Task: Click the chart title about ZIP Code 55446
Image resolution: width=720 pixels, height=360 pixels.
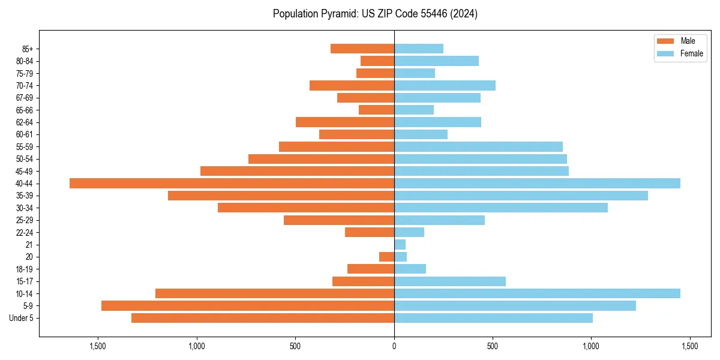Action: tap(375, 14)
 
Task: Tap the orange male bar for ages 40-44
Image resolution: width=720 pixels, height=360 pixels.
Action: tap(232, 183)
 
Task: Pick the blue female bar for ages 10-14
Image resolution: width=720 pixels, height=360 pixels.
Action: tap(537, 293)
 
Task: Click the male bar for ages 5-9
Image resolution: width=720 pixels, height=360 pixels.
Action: tap(248, 305)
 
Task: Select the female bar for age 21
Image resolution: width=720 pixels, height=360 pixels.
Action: tap(400, 244)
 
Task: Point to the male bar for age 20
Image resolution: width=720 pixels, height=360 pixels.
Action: tap(386, 257)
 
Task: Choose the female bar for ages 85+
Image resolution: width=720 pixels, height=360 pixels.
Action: tap(419, 49)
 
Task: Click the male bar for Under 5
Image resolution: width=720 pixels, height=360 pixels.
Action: tap(263, 318)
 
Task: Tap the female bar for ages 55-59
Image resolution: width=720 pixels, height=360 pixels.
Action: tap(478, 146)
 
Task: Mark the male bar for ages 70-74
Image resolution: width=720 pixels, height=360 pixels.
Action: tap(352, 85)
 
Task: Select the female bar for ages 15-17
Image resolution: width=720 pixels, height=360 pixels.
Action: tap(450, 281)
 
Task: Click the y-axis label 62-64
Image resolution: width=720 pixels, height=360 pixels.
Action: tap(25, 122)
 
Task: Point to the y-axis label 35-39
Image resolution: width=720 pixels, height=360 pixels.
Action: tap(25, 196)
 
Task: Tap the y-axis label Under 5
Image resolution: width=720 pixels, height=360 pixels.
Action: tap(22, 318)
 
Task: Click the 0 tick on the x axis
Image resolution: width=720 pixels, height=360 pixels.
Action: tap(394, 346)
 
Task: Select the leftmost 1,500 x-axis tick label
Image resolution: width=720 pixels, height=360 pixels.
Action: tap(98, 346)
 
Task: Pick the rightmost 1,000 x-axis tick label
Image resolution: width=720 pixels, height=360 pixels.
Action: tap(591, 346)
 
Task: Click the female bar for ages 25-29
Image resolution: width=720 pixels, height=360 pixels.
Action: tap(439, 220)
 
